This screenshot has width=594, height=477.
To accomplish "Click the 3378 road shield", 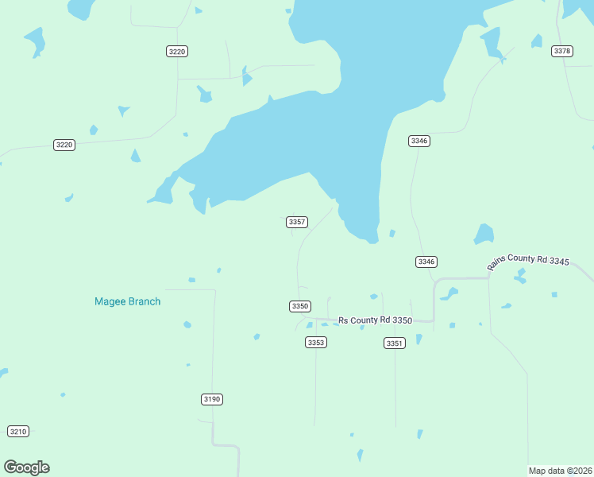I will [x=562, y=51].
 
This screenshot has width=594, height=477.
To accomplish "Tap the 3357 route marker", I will [x=297, y=222].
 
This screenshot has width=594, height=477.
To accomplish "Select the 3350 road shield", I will [x=299, y=306].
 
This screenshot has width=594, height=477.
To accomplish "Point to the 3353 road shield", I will [x=316, y=342].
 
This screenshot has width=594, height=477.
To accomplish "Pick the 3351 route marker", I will [x=395, y=343].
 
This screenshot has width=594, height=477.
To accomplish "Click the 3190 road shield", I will [x=211, y=399].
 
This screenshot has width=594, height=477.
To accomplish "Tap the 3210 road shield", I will [x=17, y=431].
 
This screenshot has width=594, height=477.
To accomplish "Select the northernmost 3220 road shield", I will [x=177, y=51].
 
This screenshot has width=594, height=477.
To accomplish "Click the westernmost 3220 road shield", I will [x=64, y=145].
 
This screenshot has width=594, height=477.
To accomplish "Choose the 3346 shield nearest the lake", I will [x=419, y=141].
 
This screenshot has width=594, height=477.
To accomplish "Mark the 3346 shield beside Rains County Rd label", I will [x=426, y=262].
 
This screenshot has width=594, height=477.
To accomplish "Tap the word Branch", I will [x=145, y=301].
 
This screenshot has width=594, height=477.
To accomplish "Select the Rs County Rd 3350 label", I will [x=375, y=320].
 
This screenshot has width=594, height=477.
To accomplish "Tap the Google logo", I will [x=26, y=467].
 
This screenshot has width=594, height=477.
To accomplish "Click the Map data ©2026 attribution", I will [x=561, y=471].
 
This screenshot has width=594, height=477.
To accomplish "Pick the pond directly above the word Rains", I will [x=484, y=234].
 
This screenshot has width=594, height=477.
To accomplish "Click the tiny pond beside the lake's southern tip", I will [x=392, y=233].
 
